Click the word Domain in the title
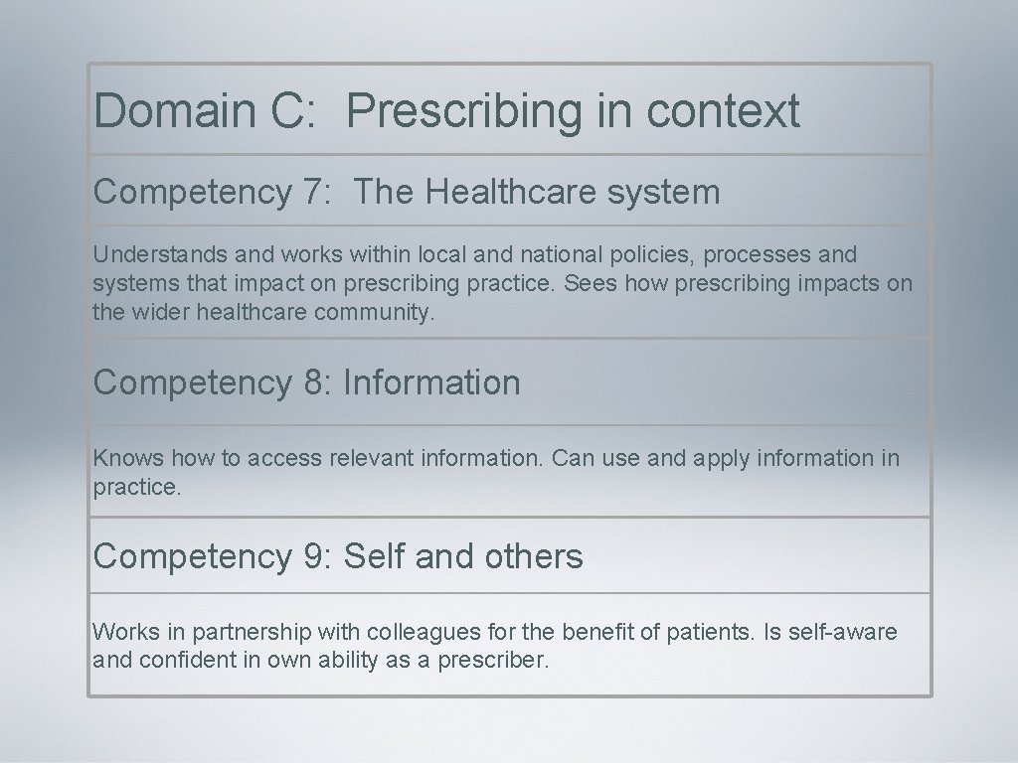(x=175, y=110)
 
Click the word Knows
(x=128, y=458)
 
